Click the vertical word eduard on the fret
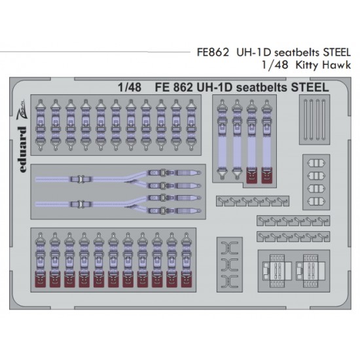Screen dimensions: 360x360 coord(23,149)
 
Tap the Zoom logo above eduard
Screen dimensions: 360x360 coord(22,110)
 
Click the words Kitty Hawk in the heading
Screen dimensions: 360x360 coord(323,65)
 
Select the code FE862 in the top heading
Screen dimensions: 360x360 coord(213,52)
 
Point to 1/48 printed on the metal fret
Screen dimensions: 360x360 coord(130,88)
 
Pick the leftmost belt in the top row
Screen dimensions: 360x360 coord(41,125)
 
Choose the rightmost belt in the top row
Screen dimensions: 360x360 coord(191,125)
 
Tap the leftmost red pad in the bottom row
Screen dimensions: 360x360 coord(40,279)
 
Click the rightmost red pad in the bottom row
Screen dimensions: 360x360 coord(186,279)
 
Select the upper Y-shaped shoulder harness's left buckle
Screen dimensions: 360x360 coord(80,179)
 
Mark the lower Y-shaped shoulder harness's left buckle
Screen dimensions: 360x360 coord(80,204)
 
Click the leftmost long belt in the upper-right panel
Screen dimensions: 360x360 coord(222,139)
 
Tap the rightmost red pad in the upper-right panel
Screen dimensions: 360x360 coord(266,175)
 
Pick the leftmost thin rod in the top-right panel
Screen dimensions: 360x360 coord(306,120)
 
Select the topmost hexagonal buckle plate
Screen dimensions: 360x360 coord(316,164)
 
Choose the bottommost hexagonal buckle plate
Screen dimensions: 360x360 coord(316,202)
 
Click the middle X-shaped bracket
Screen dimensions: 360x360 coord(230,264)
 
